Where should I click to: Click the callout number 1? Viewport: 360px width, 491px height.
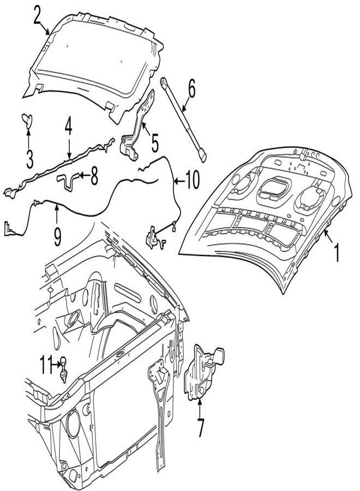[337, 253]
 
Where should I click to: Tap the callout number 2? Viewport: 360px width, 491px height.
[37, 14]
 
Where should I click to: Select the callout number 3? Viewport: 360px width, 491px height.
[29, 159]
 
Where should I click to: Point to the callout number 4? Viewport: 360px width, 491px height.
[69, 126]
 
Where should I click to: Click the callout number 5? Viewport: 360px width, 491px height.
[155, 143]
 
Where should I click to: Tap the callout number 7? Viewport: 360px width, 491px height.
[200, 427]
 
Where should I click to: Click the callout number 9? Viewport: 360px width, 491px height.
[57, 237]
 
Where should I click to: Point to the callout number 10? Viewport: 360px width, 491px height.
[192, 180]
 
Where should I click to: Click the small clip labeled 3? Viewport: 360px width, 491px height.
[27, 121]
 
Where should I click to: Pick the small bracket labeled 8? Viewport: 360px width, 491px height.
[68, 181]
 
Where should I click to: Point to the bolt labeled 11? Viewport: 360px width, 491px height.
[64, 369]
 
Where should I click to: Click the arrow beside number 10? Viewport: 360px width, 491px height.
[178, 181]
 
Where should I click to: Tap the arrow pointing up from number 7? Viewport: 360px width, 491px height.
[200, 409]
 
